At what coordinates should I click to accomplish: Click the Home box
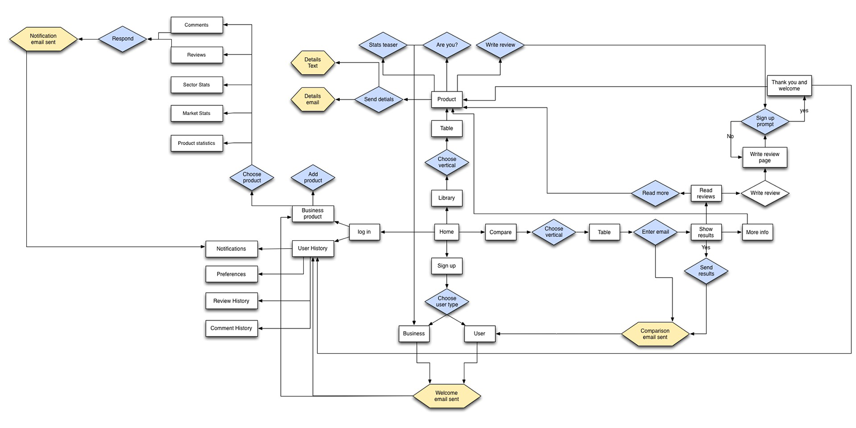(446, 232)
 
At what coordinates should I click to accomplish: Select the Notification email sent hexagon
(43, 39)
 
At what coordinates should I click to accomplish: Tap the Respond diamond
(123, 39)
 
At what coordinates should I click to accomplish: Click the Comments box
(196, 25)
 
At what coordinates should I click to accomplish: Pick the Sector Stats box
(196, 85)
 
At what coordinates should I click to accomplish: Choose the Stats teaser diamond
(383, 45)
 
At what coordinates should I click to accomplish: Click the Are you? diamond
(447, 45)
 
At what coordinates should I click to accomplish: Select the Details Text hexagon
(312, 63)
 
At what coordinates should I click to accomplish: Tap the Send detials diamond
(379, 99)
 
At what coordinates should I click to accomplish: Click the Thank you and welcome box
(789, 86)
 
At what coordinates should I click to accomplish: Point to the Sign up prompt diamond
(765, 121)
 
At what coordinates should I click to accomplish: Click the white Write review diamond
(765, 193)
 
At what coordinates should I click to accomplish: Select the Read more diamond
(655, 193)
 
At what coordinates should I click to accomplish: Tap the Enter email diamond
(655, 232)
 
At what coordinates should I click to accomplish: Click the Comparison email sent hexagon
(655, 334)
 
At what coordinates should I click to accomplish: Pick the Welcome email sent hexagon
(447, 396)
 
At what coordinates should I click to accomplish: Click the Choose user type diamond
(447, 302)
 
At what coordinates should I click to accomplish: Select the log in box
(364, 232)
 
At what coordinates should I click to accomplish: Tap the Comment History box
(231, 328)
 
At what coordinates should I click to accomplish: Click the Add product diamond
(313, 178)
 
